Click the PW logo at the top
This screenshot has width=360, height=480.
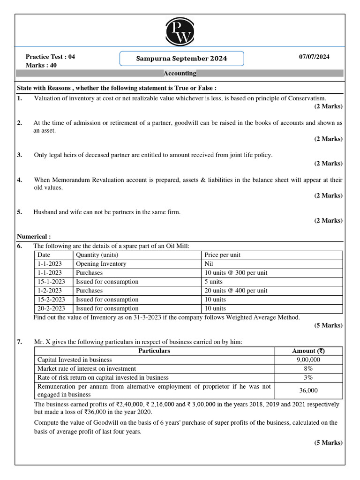[180, 31]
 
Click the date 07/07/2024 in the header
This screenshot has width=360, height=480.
[314, 57]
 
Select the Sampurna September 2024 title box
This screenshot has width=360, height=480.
[181, 59]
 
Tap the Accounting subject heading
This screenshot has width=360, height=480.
[180, 74]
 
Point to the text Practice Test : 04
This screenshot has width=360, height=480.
[50, 57]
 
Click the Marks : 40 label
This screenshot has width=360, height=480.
[41, 65]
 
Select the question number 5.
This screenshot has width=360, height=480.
[20, 212]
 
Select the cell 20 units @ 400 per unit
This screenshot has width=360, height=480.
[236, 291]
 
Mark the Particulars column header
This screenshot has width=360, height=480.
[154, 351]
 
